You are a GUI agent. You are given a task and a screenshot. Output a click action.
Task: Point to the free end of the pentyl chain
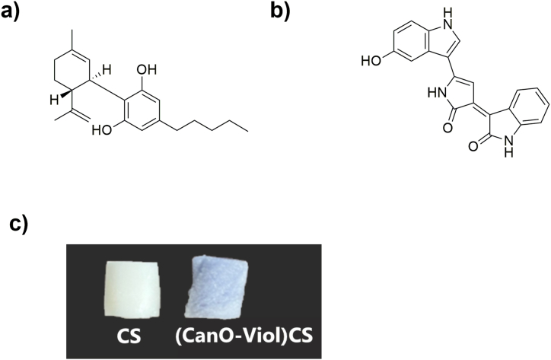click(248, 131)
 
